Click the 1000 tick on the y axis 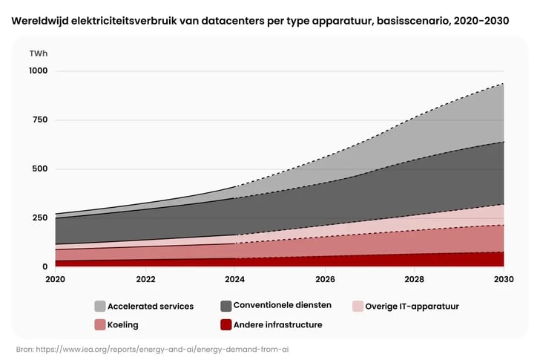(38, 71)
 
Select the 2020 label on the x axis (55, 280)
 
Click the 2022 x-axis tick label (145, 280)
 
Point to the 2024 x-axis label (235, 280)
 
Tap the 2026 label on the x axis (325, 280)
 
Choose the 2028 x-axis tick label (415, 280)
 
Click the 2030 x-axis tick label (504, 280)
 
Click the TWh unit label (39, 54)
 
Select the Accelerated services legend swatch (99, 306)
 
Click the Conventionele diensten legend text (282, 305)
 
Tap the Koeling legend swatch (99, 324)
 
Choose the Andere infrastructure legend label (277, 324)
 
